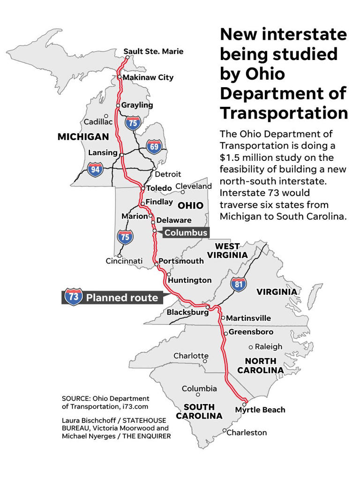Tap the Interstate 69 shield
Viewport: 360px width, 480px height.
(x=154, y=146)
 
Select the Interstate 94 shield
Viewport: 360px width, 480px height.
(x=95, y=169)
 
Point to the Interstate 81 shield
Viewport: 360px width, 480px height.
(x=239, y=284)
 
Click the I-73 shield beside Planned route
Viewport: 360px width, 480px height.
(x=73, y=297)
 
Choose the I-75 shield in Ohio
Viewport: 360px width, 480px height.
(x=125, y=237)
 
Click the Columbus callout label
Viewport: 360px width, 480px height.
(x=186, y=232)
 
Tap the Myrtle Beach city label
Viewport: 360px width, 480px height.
(x=260, y=410)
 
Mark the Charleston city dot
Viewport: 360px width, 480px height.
(x=225, y=430)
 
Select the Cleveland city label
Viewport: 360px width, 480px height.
(x=194, y=186)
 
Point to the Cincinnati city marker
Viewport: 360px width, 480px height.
(x=120, y=255)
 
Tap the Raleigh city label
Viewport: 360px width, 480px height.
(x=269, y=347)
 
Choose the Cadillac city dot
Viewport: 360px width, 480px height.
(x=106, y=115)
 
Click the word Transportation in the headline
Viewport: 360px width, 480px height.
(x=284, y=113)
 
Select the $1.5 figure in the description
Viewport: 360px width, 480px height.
(x=232, y=157)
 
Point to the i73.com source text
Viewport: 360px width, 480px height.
(x=135, y=407)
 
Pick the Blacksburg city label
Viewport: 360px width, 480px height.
(x=187, y=312)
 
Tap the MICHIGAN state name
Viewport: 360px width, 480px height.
(x=83, y=137)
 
